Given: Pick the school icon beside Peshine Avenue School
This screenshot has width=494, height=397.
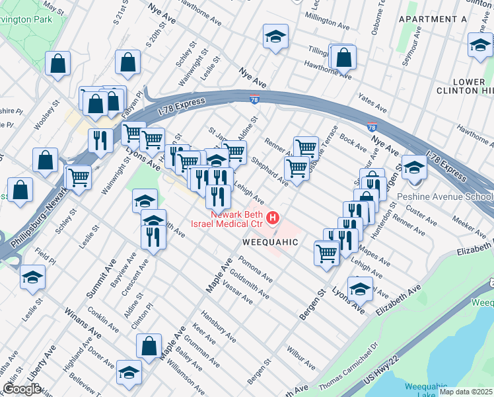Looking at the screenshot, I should pos(414,167).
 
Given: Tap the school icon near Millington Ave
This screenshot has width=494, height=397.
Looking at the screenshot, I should pos(275,37).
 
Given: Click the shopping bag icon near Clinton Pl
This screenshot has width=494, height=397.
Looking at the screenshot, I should pos(149,345).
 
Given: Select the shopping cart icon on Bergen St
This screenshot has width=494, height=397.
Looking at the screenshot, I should pos(327,253).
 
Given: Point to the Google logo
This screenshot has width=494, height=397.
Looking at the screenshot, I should pos(22,389).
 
